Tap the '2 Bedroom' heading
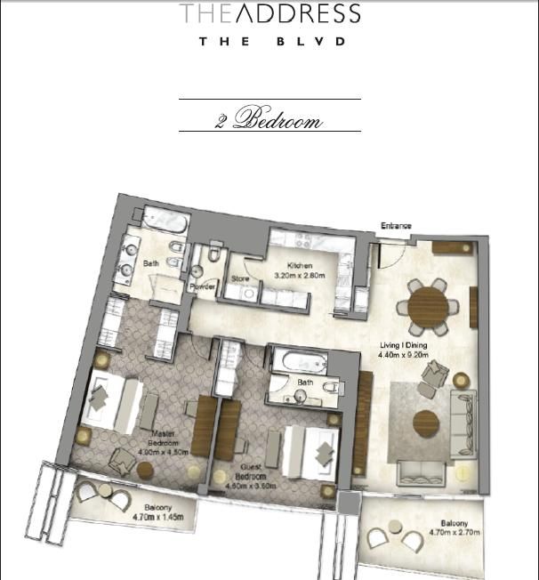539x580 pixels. point(269,120)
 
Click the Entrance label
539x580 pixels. point(397,226)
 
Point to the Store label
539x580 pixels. point(239,278)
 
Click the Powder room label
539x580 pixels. point(202,286)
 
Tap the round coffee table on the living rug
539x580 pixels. point(426,422)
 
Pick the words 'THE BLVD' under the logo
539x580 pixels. point(269,41)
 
